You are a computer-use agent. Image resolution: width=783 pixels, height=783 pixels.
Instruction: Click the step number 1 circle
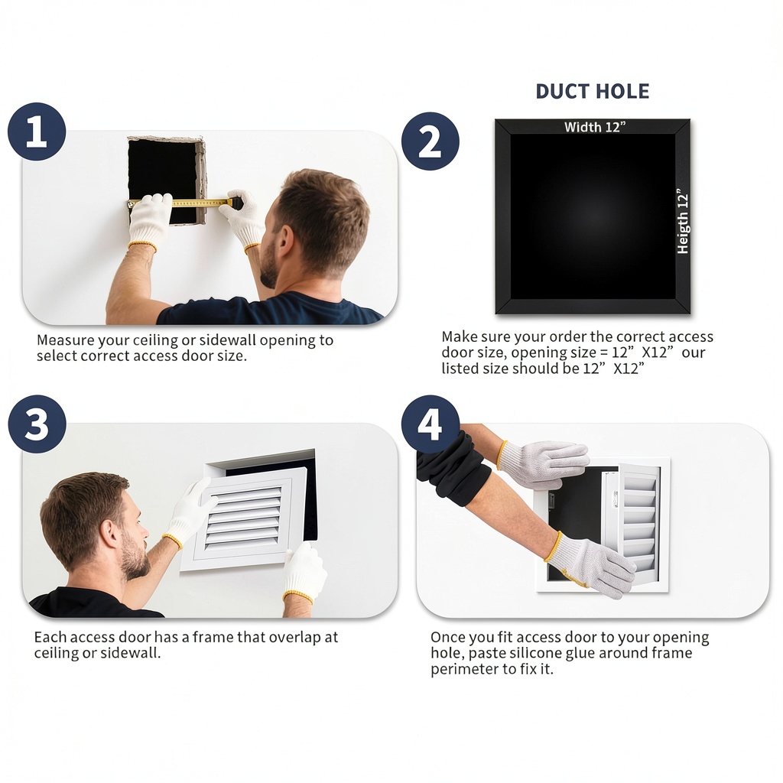point(37,132)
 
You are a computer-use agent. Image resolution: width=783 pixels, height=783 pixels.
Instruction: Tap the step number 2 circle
point(430,141)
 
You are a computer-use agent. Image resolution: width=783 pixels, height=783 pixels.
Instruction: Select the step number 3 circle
point(37,424)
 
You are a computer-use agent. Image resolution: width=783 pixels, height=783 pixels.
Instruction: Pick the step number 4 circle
point(430,424)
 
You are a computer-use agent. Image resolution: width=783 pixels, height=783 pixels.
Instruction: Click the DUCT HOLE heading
point(593,92)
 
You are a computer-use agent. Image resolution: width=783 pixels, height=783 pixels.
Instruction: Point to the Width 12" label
point(595,127)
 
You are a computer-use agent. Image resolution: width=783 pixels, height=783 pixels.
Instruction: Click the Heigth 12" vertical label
point(682,221)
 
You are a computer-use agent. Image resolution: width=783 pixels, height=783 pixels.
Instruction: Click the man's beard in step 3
point(133,557)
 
